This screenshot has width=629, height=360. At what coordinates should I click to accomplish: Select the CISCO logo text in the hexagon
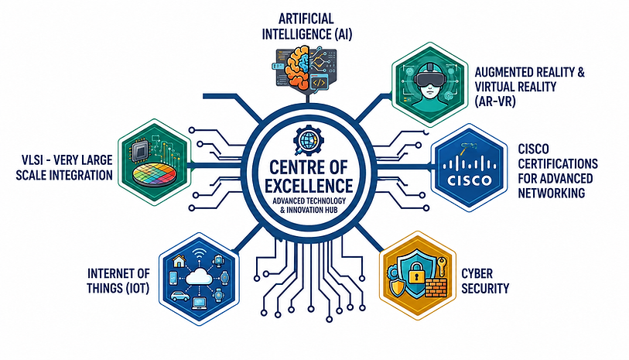pyautogui.click(x=469, y=180)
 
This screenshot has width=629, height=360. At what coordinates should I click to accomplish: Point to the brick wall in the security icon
pyautogui.click(x=435, y=288)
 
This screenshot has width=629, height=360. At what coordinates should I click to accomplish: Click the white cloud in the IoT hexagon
pyautogui.click(x=199, y=276)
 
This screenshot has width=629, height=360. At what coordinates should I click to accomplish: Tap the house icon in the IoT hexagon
pyautogui.click(x=179, y=261)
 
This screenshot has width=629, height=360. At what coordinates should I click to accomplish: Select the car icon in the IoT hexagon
pyautogui.click(x=180, y=297)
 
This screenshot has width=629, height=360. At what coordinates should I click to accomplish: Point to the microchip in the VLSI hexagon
pyautogui.click(x=140, y=152)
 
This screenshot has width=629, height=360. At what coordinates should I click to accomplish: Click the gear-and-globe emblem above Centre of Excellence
pyautogui.click(x=309, y=140)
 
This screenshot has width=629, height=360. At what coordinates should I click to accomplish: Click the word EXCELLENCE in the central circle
pyautogui.click(x=309, y=186)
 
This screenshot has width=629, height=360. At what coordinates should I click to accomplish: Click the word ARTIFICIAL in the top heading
pyautogui.click(x=306, y=19)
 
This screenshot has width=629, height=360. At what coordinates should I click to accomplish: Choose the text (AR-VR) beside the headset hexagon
pyautogui.click(x=494, y=102)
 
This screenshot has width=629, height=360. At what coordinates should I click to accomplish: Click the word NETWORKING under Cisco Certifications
pyautogui.click(x=551, y=193)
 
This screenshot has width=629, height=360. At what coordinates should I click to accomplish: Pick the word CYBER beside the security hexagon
pyautogui.click(x=477, y=274)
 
